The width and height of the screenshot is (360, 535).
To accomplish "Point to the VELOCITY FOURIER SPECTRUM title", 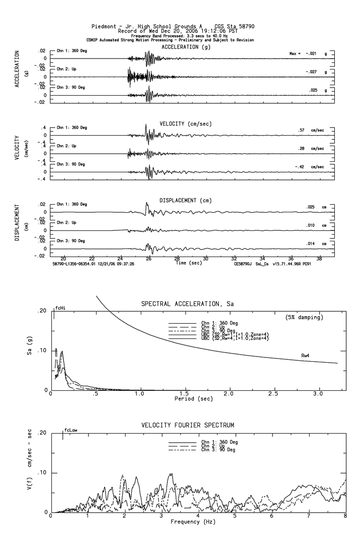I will tap(188, 425).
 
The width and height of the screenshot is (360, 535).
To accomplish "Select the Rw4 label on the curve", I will tap(306, 355).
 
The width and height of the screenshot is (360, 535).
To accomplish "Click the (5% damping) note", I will tap(304, 317).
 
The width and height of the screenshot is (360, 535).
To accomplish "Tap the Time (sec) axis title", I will tap(189, 262).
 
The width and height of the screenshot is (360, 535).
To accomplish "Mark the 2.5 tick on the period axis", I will tap(274, 395).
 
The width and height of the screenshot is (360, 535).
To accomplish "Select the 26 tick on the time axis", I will tap(149, 259).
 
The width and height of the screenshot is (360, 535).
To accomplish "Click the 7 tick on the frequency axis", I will tap(309, 517).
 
